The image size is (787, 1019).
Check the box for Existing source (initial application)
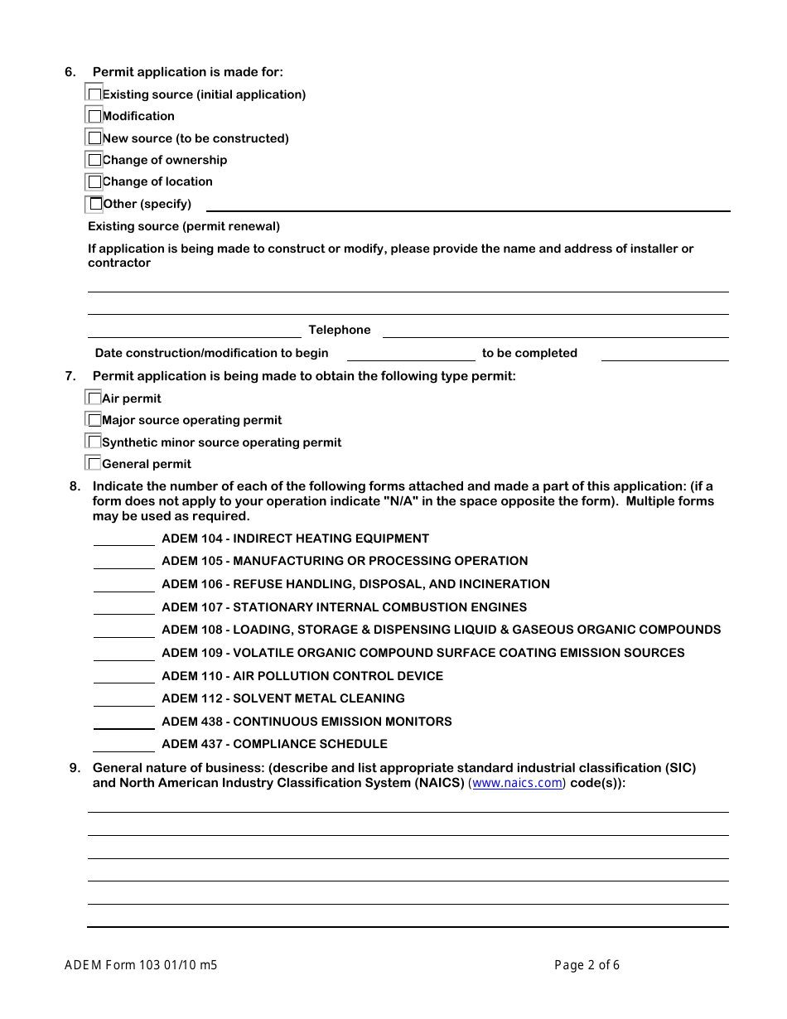pos(94,94)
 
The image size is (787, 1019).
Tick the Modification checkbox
pos(94,116)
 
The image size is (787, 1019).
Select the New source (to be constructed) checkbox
pos(94,138)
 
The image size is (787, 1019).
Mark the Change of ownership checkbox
pos(94,160)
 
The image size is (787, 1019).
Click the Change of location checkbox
pos(94,181)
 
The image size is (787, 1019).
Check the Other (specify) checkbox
pos(95,204)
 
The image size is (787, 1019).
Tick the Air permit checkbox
pos(94,398)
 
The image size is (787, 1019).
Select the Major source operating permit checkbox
pos(94,420)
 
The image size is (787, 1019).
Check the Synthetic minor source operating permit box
pos(94,442)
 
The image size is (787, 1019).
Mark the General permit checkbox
pos(94,464)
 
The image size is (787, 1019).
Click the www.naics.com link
pos(517,783)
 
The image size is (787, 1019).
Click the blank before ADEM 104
pos(123,538)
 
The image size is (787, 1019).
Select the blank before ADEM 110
pos(123,676)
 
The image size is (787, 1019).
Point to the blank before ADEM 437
pos(123,744)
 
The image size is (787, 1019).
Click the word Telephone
pos(340,330)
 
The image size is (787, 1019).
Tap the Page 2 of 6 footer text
pos(587,964)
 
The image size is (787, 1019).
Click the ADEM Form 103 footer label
pos(141,964)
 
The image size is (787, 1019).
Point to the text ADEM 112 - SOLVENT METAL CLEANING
pos(283,698)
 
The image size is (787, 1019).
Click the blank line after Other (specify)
pos(467,204)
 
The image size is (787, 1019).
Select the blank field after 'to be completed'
pos(664,354)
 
